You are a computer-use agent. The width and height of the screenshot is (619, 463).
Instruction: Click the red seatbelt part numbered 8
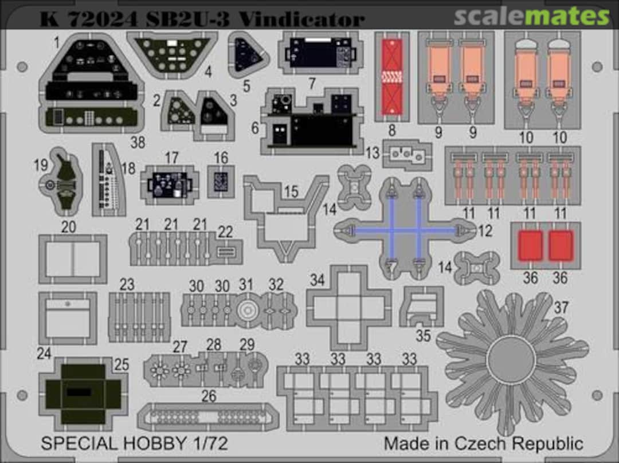click(x=392, y=77)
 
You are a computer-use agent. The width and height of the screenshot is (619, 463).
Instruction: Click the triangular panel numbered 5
click(x=248, y=56)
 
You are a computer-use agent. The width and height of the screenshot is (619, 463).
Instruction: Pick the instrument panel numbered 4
click(x=173, y=55)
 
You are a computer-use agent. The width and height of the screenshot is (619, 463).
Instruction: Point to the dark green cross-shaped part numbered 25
click(x=83, y=394)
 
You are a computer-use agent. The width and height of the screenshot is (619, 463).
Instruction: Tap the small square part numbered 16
click(x=221, y=182)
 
